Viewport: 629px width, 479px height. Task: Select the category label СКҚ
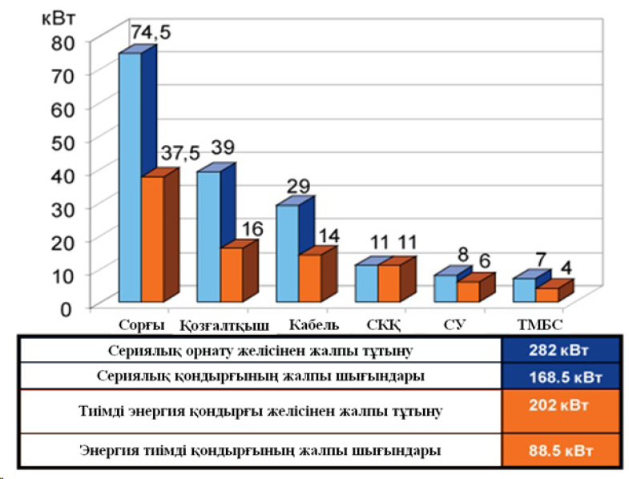383,325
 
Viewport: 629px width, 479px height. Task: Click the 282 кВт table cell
560,351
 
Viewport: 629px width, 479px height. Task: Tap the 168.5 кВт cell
560,376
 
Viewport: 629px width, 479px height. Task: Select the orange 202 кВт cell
560,405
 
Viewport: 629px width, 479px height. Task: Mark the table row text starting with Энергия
260,450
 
